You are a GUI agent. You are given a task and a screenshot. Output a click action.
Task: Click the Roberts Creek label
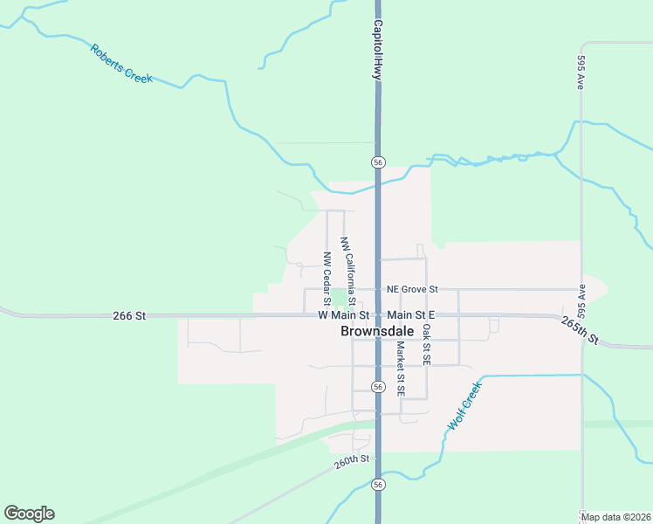point(120,63)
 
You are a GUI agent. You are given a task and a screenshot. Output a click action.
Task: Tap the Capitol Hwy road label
point(378,51)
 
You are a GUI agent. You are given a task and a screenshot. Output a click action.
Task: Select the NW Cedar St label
point(326,272)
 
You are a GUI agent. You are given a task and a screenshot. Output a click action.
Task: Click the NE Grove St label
point(411,289)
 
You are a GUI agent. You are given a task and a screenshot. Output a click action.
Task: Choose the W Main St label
point(344,314)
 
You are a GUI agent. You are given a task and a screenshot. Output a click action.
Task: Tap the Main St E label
point(411,314)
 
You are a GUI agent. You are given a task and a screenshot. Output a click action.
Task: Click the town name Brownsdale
point(377,332)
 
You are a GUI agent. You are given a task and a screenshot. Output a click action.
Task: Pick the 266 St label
point(128,315)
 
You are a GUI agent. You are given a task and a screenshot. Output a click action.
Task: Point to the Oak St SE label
point(426,344)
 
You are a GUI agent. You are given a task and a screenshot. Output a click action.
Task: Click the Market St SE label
point(400,369)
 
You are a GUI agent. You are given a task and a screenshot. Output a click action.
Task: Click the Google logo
point(29,514)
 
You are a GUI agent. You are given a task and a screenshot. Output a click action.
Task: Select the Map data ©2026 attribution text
point(615,517)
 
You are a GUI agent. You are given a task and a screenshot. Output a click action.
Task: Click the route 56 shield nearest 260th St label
point(378,483)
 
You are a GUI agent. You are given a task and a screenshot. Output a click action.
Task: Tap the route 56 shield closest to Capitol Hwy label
point(378,162)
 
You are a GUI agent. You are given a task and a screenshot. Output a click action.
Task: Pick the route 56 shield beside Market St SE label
point(378,386)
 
